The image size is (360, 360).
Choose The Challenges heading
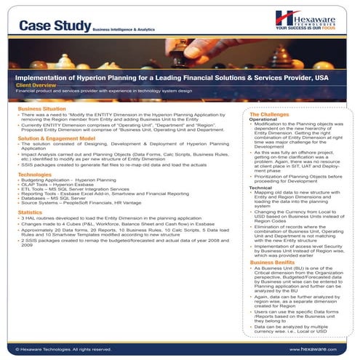coord(274,115)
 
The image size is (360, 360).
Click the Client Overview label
coord(41,85)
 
